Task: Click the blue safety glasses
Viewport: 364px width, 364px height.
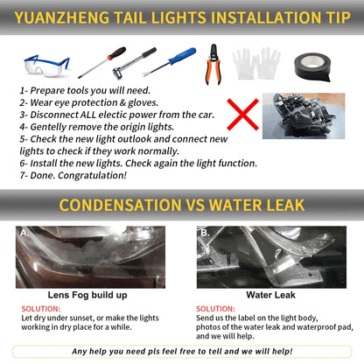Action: click(x=47, y=66)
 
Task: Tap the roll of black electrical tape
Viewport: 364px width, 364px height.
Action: click(x=312, y=66)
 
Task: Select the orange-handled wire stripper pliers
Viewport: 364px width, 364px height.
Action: click(x=213, y=65)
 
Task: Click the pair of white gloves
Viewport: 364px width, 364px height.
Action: click(x=256, y=64)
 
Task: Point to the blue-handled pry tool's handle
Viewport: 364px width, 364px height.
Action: click(x=182, y=56)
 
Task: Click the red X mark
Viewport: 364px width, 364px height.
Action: click(x=242, y=115)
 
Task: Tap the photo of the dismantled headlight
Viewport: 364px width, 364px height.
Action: click(x=304, y=116)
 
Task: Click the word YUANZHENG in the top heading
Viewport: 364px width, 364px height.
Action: click(x=62, y=17)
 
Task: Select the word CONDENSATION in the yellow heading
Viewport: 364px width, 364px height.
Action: click(x=120, y=205)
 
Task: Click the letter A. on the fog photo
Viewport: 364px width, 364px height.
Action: click(x=24, y=233)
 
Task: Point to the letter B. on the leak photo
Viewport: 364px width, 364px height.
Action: click(x=205, y=233)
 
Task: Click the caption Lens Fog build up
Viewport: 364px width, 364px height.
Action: click(x=87, y=295)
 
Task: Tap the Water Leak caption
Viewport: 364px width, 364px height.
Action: click(x=270, y=295)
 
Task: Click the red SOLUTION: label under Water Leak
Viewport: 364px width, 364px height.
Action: click(x=215, y=309)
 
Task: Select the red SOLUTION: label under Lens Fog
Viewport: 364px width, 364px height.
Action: click(x=41, y=309)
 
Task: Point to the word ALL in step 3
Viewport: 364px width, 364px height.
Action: click(x=87, y=115)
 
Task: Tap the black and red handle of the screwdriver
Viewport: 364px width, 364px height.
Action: click(x=117, y=53)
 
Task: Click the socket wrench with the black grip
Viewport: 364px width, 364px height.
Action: click(x=135, y=61)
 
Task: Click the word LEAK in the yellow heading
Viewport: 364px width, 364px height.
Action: click(x=286, y=205)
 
